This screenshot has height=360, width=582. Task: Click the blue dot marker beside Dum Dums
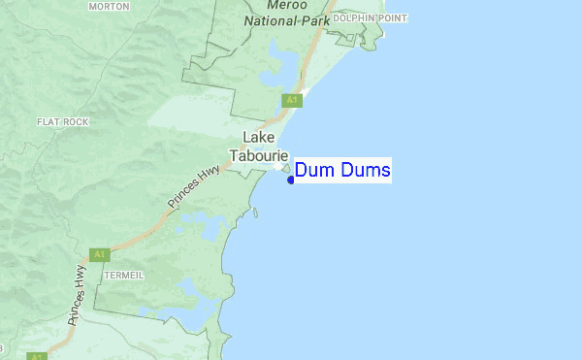[x=291, y=180]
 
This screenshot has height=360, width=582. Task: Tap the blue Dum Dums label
[x=342, y=171]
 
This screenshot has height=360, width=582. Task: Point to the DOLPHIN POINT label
[x=371, y=18]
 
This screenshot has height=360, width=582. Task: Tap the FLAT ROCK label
[x=63, y=122]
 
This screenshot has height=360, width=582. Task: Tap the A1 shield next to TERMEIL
[x=98, y=254]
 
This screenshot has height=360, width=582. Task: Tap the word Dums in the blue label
[x=366, y=171]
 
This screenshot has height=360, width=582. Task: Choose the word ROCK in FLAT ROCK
[x=77, y=122]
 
